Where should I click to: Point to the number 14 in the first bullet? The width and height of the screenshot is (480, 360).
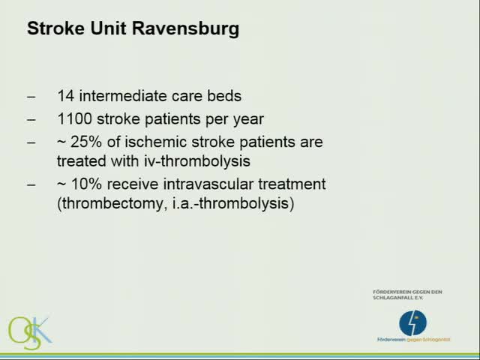pos(64,96)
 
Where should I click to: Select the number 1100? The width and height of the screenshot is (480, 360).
pos(73,118)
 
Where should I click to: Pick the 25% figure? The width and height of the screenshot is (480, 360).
pos(85,141)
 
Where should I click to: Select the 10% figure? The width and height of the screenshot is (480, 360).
pos(85,183)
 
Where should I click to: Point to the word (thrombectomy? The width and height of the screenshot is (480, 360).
pos(109,203)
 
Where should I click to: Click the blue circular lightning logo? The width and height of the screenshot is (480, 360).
pos(412,322)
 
